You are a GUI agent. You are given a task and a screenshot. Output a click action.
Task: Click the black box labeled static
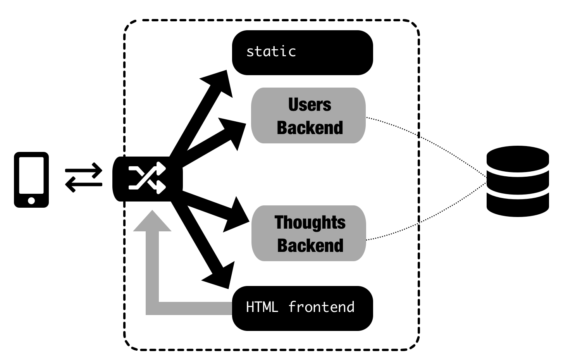click(302, 53)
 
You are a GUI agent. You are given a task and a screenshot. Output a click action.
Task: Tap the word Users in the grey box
click(310, 105)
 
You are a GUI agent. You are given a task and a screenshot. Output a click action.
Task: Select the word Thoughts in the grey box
click(310, 222)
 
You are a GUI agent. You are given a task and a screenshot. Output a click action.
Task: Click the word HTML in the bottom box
click(262, 307)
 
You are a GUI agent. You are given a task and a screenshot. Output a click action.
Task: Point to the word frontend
click(321, 307)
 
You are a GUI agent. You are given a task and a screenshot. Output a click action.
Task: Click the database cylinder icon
click(518, 181)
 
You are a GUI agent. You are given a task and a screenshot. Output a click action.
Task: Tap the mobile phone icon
click(31, 179)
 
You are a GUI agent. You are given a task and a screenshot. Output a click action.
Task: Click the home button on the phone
click(31, 200)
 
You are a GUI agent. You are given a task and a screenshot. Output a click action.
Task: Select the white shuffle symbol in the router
click(147, 179)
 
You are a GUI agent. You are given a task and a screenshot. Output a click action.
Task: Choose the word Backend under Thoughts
click(310, 246)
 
